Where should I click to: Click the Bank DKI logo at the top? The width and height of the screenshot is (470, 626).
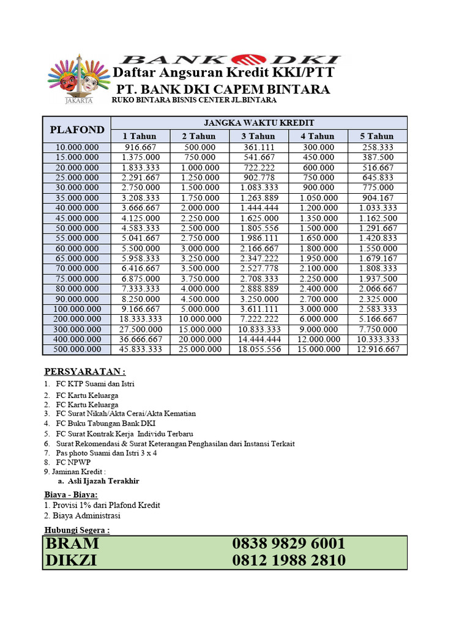tap(229, 60)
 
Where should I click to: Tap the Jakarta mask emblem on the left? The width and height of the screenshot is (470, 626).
tap(78, 79)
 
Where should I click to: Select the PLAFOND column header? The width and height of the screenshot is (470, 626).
tap(76, 130)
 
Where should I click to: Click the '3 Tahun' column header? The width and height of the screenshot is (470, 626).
tap(258, 136)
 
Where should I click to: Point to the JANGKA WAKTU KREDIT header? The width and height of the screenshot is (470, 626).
tap(258, 123)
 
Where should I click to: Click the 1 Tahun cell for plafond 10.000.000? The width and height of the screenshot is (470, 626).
tap(140, 147)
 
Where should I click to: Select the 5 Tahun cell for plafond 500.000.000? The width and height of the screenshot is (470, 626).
tap(377, 349)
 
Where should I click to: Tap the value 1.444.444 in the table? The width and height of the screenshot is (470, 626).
tap(258, 208)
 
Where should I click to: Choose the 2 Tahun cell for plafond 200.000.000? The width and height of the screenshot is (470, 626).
tap(199, 319)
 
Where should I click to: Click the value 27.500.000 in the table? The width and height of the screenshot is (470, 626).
tap(140, 329)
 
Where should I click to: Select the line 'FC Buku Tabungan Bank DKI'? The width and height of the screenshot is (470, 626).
tap(105, 423)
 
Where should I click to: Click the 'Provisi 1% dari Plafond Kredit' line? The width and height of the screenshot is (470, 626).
tap(102, 505)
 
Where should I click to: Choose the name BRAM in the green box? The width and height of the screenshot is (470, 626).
tap(72, 544)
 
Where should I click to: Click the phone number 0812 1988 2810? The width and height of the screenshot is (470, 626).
tap(288, 561)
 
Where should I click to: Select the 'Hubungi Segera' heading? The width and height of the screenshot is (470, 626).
tap(77, 530)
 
